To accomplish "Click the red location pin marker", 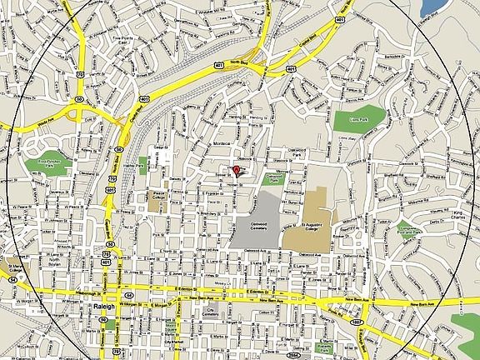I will [x=236, y=171].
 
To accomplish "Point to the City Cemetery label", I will [x=211, y=312].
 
